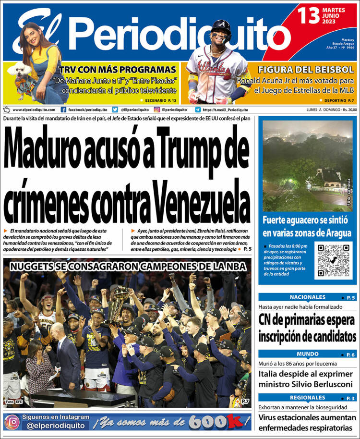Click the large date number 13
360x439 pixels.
309,15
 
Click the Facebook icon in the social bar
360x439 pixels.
63,110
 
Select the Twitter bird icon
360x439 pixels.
115,110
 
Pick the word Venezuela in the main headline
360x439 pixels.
205,197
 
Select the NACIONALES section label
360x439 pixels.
307,297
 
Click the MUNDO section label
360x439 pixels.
307,354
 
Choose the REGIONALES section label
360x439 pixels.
307,398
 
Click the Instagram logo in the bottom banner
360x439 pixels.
13,422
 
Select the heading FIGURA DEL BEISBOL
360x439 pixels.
306,69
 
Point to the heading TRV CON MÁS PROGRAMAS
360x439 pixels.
118,69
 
